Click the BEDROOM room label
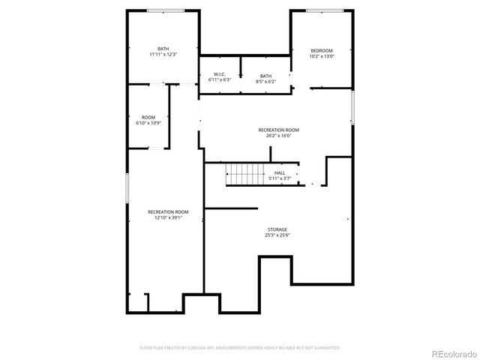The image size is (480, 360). tap(322, 50)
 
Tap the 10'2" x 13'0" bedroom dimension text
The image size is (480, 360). tap(322, 56)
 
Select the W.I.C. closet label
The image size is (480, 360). tap(220, 74)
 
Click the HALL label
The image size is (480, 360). tap(280, 173)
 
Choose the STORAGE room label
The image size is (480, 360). tap(277, 229)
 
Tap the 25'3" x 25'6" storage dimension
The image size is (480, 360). tap(277, 235)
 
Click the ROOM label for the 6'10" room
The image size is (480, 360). tap(148, 117)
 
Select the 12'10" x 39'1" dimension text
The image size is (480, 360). tap(168, 218)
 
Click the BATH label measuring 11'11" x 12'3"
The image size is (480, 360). tap(163, 49)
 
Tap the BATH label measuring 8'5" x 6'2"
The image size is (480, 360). tap(266, 76)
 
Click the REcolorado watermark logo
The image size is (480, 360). tap(452, 353)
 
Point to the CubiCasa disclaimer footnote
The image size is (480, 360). tap(240, 347)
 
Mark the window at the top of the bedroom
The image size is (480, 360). tap(324, 10)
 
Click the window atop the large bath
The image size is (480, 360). tap(166, 10)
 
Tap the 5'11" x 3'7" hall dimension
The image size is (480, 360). tap(280, 179)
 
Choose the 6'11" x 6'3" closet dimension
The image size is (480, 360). tap(220, 80)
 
